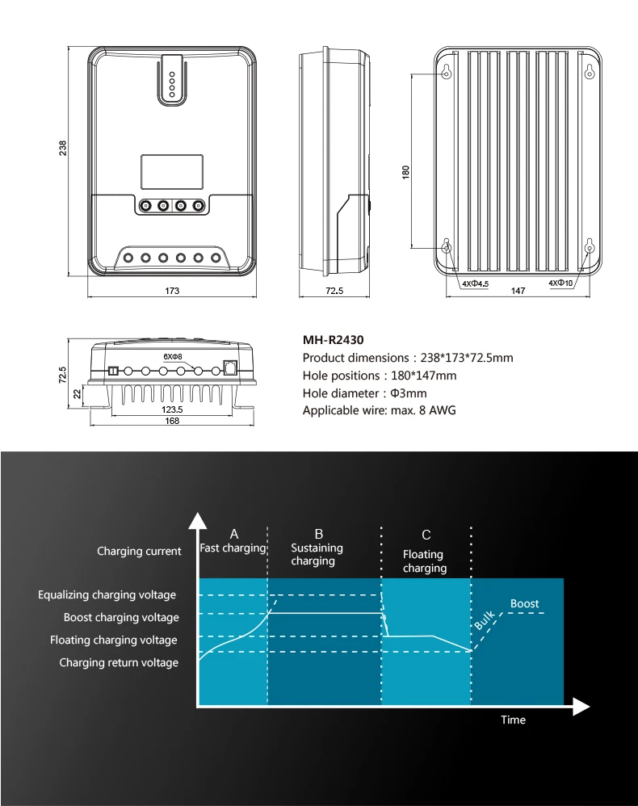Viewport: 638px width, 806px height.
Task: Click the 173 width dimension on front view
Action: [171, 290]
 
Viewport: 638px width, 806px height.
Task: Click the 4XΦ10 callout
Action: [560, 283]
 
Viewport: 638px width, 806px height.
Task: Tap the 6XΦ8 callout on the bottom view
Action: [173, 355]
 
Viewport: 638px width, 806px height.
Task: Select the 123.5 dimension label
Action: [171, 409]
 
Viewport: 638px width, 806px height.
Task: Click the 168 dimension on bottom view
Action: [171, 421]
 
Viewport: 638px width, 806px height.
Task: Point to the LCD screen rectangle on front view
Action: [171, 172]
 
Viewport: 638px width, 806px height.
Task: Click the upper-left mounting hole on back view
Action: [447, 73]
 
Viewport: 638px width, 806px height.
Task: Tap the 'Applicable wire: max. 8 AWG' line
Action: [379, 410]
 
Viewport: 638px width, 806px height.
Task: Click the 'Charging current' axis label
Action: [139, 552]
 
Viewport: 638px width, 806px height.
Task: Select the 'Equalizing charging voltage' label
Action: [107, 595]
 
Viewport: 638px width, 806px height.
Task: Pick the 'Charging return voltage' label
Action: [119, 663]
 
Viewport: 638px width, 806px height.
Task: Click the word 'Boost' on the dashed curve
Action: [524, 603]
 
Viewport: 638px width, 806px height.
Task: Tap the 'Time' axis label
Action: [513, 720]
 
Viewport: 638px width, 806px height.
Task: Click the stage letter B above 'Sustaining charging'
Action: [318, 534]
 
